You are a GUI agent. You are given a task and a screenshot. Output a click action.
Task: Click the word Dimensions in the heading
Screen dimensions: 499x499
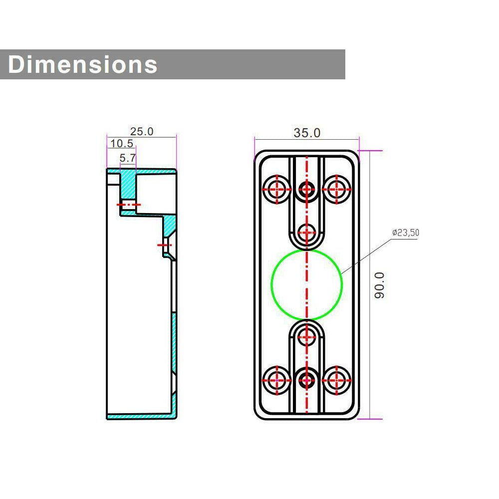click(83, 65)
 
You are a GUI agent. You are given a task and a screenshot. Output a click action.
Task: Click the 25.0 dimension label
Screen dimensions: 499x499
click(142, 132)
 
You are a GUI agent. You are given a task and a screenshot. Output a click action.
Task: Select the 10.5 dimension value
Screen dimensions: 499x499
click(122, 144)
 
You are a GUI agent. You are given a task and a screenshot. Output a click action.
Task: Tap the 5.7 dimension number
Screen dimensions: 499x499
click(128, 158)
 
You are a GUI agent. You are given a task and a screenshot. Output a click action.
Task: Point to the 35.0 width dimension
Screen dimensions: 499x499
click(307, 133)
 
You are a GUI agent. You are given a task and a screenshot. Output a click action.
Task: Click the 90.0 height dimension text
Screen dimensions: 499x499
click(380, 285)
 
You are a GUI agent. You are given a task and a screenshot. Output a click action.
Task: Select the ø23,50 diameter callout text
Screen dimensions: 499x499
click(405, 233)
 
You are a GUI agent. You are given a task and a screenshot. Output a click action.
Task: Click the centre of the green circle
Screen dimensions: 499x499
click(307, 284)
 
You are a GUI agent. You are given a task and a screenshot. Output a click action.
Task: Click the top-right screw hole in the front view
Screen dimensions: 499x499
click(337, 189)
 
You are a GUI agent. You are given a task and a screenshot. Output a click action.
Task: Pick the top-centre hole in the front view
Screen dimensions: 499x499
click(307, 189)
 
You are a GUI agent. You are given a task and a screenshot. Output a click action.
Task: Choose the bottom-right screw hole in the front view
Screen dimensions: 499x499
click(337, 380)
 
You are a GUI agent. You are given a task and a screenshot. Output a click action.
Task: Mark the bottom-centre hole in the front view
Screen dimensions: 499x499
click(307, 380)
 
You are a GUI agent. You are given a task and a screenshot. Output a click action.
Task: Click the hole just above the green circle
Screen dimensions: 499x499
click(307, 232)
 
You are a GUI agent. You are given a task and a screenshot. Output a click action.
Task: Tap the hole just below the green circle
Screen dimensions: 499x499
click(307, 337)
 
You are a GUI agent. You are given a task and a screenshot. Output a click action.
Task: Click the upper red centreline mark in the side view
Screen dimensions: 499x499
click(129, 205)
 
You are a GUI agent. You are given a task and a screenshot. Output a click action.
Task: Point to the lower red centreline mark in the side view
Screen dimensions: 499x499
click(165, 245)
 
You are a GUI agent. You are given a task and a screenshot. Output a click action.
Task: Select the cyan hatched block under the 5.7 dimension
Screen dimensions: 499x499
click(128, 185)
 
